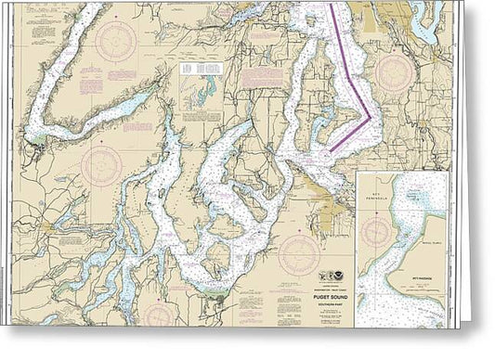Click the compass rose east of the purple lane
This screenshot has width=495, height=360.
394,71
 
